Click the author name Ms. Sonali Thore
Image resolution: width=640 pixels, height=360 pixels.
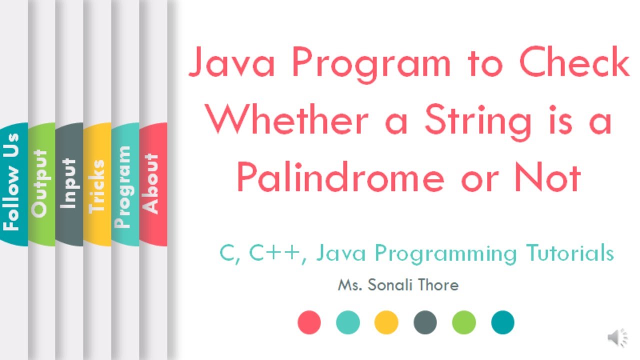tap(398, 285)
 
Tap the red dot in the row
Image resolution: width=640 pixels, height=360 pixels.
tap(309, 322)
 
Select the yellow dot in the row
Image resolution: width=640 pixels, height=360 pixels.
tap(386, 322)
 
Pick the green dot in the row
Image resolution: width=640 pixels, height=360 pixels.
tap(464, 322)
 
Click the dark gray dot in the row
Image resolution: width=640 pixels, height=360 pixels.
tap(425, 322)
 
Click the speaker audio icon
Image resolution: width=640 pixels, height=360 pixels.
tap(618, 338)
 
